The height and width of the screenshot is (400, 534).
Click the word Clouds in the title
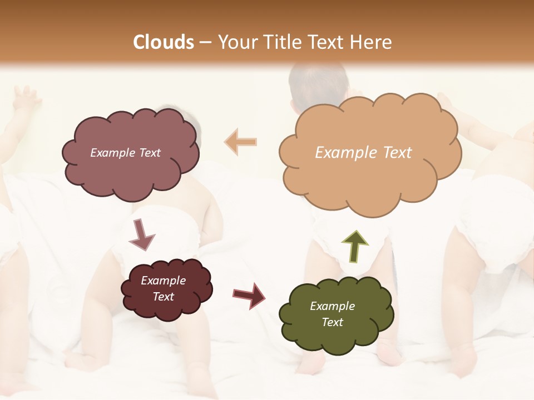(x=164, y=42)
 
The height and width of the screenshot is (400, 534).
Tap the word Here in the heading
(x=371, y=42)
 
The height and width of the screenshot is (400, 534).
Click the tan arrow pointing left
(x=240, y=142)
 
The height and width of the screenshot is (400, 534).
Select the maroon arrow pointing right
(x=249, y=295)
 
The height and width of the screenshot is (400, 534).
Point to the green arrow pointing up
(x=355, y=246)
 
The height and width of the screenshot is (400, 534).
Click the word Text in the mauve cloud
(x=149, y=153)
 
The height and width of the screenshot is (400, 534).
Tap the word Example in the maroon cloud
(x=163, y=281)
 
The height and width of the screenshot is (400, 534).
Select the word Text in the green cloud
(x=332, y=322)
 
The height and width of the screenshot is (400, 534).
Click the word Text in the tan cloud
(x=397, y=153)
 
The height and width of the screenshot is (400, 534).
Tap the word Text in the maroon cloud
(x=163, y=297)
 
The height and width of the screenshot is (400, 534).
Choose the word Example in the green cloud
(x=332, y=306)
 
